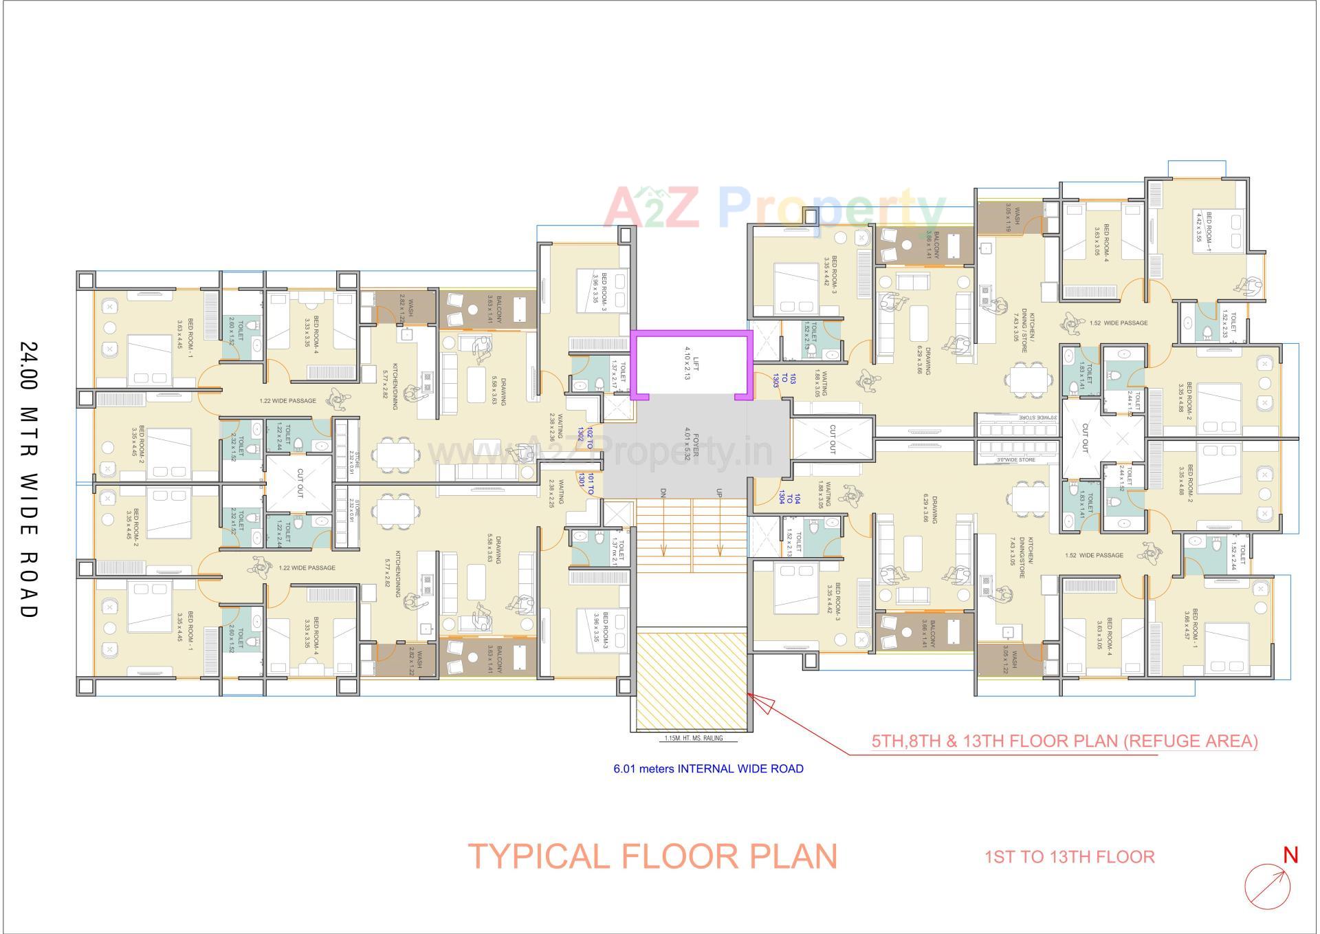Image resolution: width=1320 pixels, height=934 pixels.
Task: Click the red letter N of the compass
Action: tap(1290, 855)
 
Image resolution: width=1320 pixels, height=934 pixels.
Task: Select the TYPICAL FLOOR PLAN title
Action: tap(652, 856)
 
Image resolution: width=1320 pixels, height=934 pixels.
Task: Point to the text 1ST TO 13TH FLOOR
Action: tap(1069, 857)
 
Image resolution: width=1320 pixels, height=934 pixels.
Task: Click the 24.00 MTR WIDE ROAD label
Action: tap(28, 479)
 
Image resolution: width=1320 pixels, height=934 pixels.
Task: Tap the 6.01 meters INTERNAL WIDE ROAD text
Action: tap(708, 768)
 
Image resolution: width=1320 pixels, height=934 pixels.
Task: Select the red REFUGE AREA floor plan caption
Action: tap(1064, 741)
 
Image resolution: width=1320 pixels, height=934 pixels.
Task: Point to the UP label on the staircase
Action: tap(719, 493)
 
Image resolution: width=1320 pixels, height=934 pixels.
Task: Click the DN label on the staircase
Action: tap(663, 493)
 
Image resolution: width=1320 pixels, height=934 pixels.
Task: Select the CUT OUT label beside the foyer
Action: tap(833, 439)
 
